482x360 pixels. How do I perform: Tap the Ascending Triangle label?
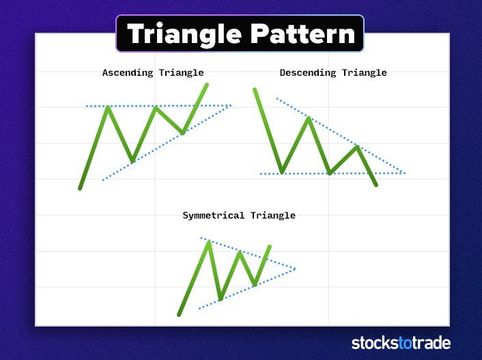153,72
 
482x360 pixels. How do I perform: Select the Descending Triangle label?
333,72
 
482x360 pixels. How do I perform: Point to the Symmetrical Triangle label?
239,215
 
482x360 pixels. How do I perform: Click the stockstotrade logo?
401,343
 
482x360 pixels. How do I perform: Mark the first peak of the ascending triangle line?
108,107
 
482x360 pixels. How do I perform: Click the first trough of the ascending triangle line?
132,162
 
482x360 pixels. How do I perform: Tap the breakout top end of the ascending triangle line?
207,85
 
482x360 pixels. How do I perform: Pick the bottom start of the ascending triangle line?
80,189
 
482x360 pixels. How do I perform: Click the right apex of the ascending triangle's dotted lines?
231,105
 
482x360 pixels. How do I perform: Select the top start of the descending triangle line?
255,89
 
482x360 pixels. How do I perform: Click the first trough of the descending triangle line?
281,172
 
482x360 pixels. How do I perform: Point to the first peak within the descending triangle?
309,118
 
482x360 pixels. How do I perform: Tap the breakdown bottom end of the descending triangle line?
376,185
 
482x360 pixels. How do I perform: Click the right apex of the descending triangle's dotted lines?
406,174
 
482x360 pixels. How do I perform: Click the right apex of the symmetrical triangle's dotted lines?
295,268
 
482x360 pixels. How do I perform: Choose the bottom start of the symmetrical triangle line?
179,315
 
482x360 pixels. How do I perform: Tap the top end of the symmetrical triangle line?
270,246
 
